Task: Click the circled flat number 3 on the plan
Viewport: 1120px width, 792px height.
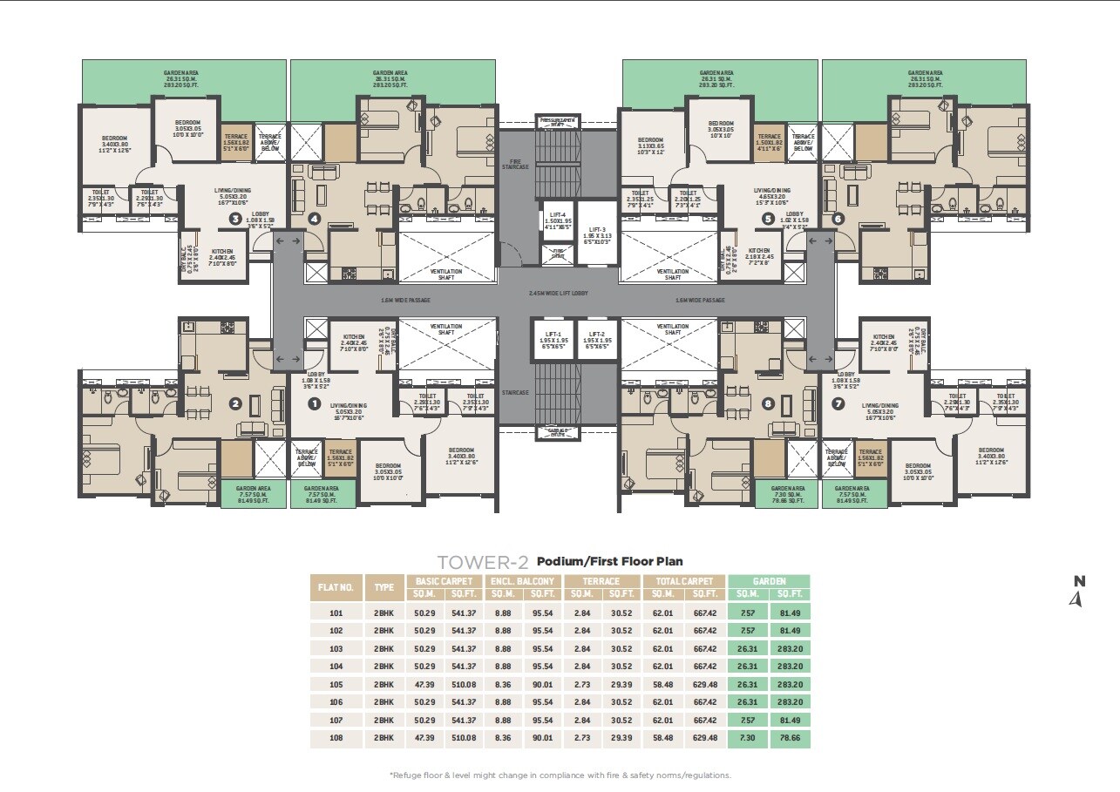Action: [x=234, y=219]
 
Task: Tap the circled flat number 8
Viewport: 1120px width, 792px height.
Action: [x=767, y=403]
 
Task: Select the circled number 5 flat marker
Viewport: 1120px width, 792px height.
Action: [x=768, y=219]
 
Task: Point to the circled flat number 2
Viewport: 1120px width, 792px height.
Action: [x=234, y=403]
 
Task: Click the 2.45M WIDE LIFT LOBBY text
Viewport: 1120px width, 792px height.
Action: [x=558, y=294]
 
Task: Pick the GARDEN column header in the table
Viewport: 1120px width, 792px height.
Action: [x=769, y=581]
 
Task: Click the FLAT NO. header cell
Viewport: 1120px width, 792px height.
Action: [x=336, y=587]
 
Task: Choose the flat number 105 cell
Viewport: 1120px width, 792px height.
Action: [x=336, y=684]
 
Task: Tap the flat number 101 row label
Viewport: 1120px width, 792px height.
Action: [x=336, y=613]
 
